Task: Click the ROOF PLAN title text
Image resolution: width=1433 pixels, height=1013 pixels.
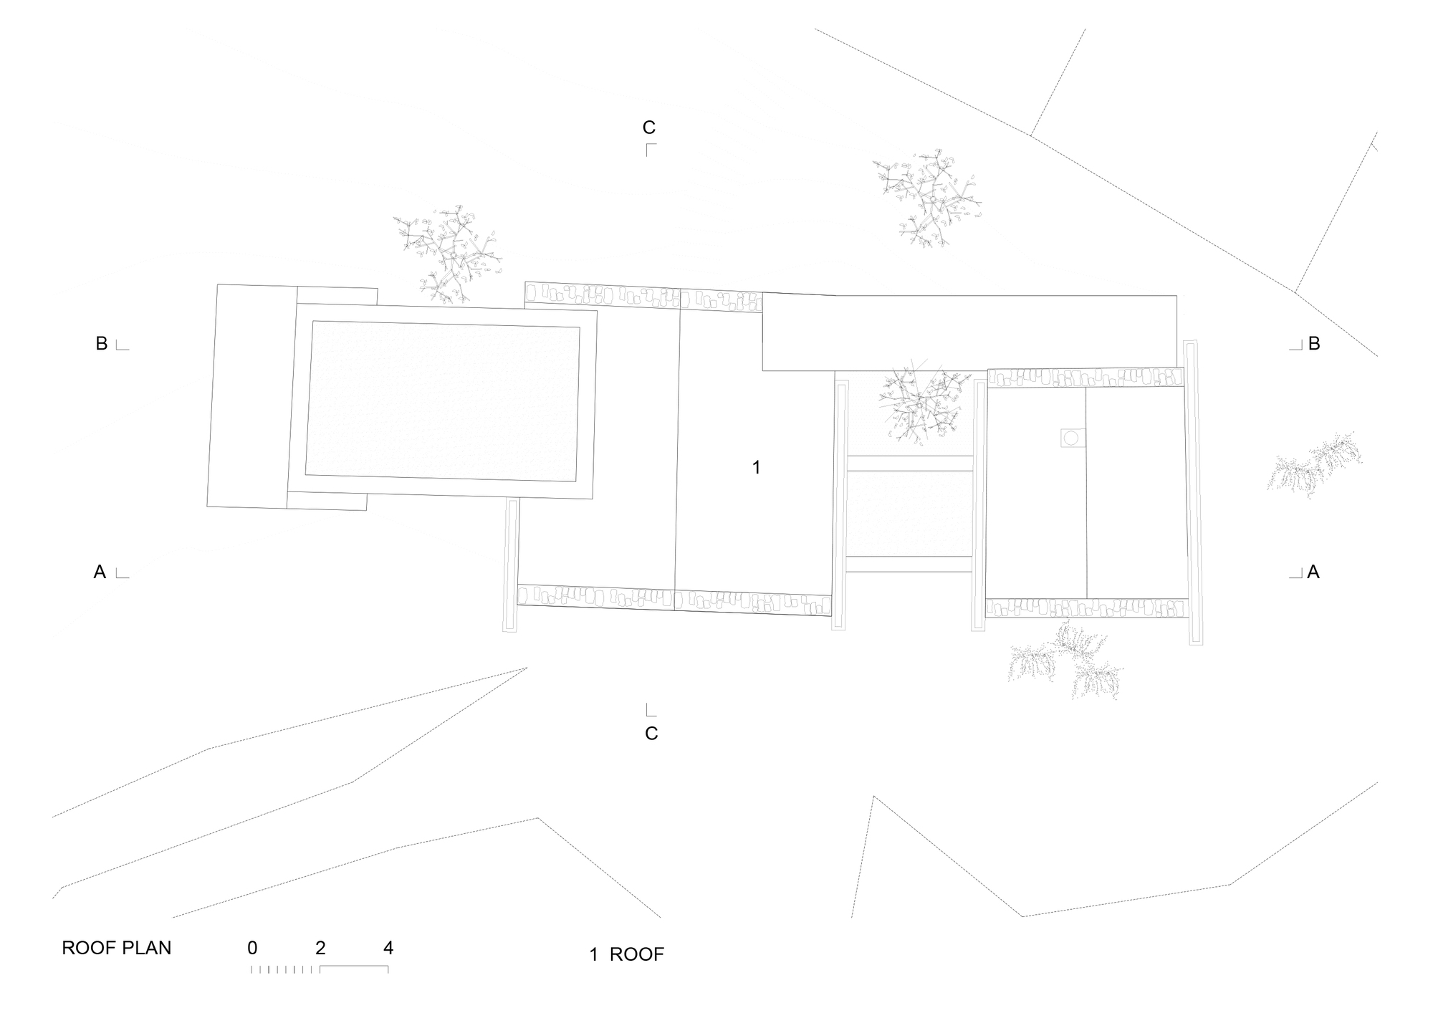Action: pyautogui.click(x=117, y=948)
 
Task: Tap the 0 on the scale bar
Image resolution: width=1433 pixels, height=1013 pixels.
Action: pyautogui.click(x=252, y=948)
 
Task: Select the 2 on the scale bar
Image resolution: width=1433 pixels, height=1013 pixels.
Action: pyautogui.click(x=320, y=948)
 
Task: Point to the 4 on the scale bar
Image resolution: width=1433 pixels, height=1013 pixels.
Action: pyautogui.click(x=388, y=948)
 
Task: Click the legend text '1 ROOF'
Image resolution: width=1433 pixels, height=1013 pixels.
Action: pyautogui.click(x=627, y=954)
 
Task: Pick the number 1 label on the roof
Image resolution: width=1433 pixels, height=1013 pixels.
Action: pyautogui.click(x=756, y=468)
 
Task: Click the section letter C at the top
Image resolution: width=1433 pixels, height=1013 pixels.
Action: pyautogui.click(x=648, y=128)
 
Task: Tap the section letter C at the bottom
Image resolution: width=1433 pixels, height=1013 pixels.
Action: pyautogui.click(x=651, y=734)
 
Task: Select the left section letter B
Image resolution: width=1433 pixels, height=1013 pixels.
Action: pyautogui.click(x=102, y=344)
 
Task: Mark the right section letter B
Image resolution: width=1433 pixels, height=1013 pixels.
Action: pyautogui.click(x=1314, y=344)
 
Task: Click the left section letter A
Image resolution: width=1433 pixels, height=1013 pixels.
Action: pyautogui.click(x=100, y=572)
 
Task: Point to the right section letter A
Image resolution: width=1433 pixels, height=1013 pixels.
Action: pyautogui.click(x=1313, y=572)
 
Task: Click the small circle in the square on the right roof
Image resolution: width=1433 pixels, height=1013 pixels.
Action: pyautogui.click(x=1073, y=438)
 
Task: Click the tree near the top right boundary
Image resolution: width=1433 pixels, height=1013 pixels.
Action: pyautogui.click(x=926, y=198)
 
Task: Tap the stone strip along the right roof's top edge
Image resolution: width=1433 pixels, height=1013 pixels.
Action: pyautogui.click(x=1085, y=378)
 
